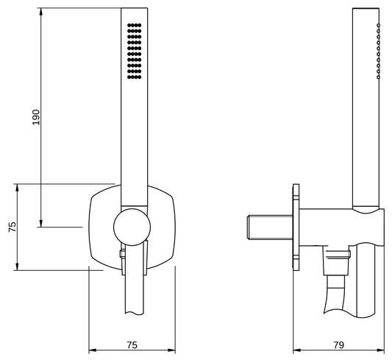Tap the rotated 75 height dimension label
click(x=12, y=227)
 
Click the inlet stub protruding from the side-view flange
click(x=270, y=227)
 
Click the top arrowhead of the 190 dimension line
click(x=41, y=13)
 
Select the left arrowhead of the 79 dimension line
click(x=296, y=350)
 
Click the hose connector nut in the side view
click(x=338, y=259)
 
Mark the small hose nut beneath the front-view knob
click(x=123, y=255)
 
